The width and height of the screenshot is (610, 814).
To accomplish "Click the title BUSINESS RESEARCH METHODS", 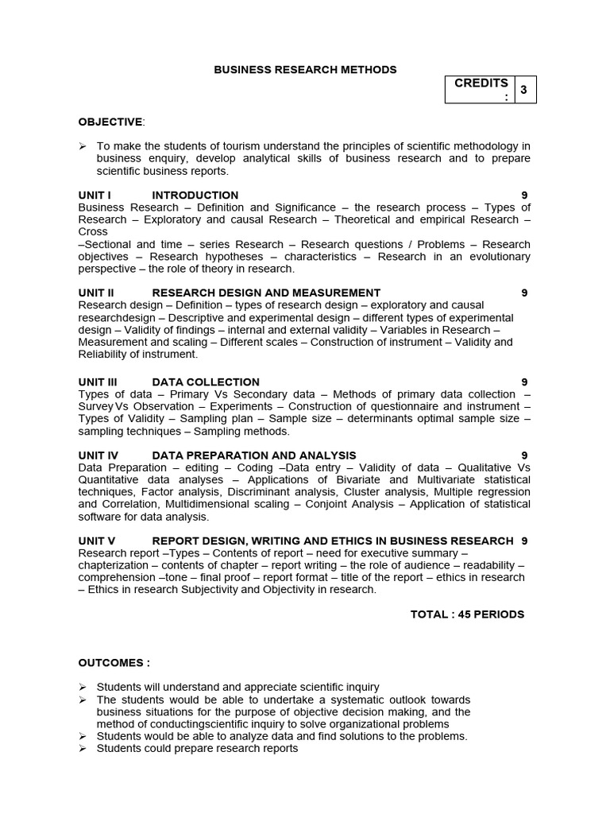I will click(305, 70).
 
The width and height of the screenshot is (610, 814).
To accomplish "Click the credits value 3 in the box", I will click(523, 91).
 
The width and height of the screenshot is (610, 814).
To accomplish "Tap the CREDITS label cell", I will click(481, 90).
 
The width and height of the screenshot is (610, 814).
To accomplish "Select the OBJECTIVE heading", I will click(110, 122).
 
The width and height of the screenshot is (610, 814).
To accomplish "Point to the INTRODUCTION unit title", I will click(195, 195).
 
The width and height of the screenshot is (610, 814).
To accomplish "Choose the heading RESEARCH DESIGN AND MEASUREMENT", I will click(266, 293).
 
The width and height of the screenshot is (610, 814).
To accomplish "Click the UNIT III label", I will click(98, 382).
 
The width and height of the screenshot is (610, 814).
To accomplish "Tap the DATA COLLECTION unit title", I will click(206, 382).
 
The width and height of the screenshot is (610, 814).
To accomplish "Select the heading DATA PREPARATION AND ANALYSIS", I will click(254, 455).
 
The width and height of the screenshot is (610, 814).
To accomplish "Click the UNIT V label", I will click(97, 541).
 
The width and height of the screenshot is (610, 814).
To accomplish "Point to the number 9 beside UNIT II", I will click(524, 293).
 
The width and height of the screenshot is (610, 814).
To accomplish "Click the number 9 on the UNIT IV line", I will click(524, 455).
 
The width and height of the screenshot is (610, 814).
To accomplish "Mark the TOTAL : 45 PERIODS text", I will click(467, 614).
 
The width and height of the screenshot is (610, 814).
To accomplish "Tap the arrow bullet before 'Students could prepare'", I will click(83, 749).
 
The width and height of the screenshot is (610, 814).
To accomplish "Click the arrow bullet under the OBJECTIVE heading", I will click(83, 146).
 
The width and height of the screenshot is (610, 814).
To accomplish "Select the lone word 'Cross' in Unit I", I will click(93, 232).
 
